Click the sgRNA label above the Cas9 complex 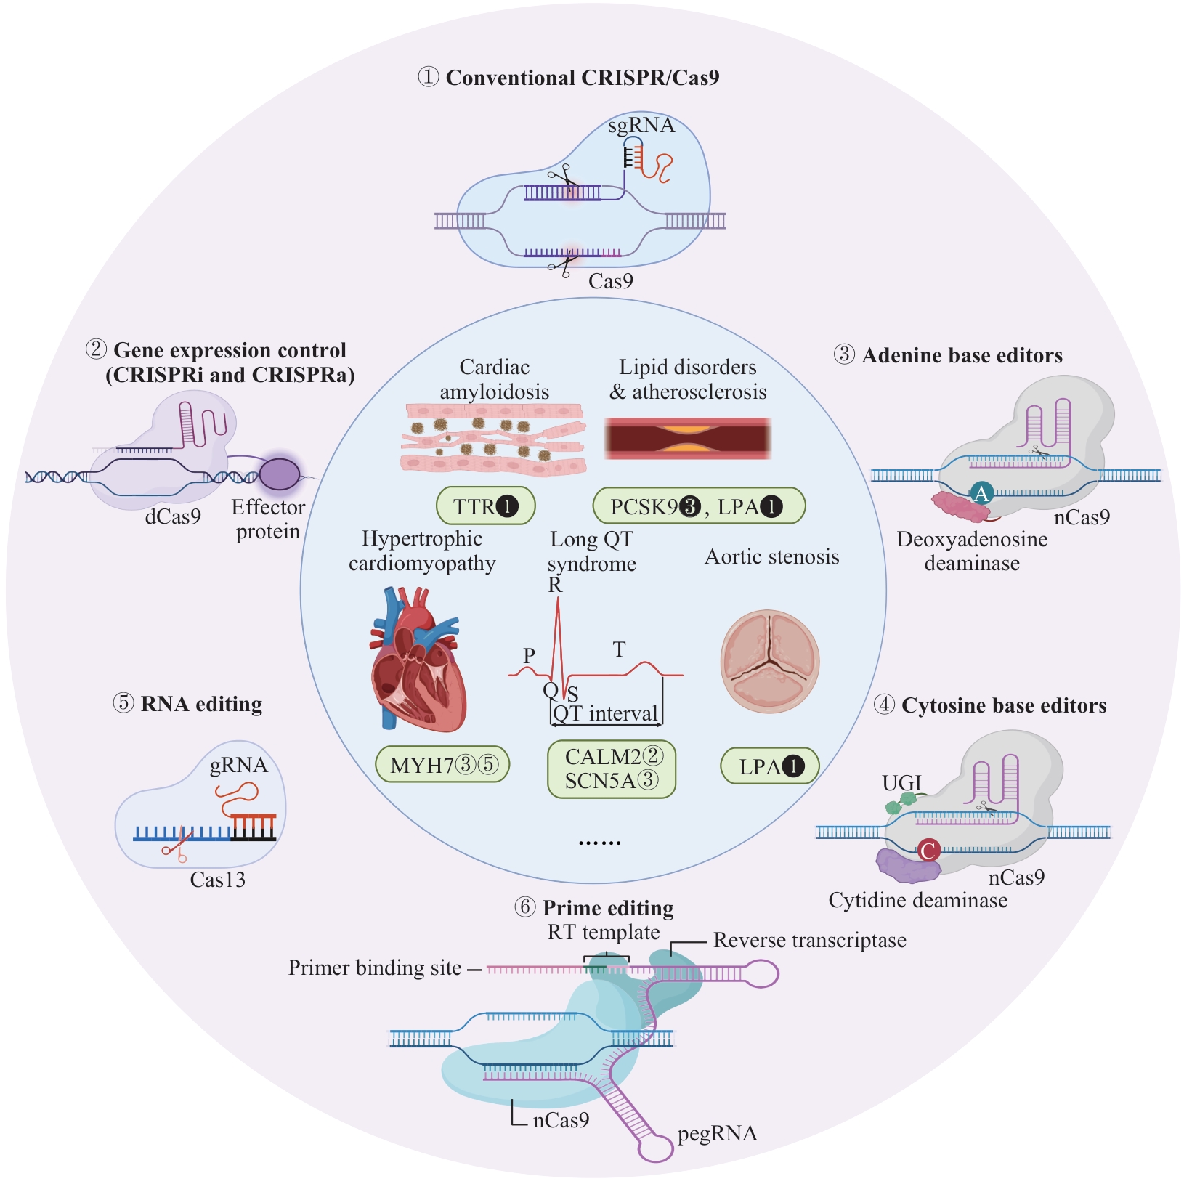click(x=641, y=126)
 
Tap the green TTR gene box click(x=485, y=506)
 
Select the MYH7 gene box click(x=442, y=766)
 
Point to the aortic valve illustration click(x=770, y=662)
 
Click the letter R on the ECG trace click(x=555, y=585)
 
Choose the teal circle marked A click(x=981, y=494)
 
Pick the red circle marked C click(x=928, y=850)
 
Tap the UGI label click(x=901, y=783)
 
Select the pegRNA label click(x=717, y=1134)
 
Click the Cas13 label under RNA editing click(x=217, y=880)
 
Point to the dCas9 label click(x=173, y=516)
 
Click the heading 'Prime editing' click(x=608, y=908)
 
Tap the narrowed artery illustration click(x=687, y=439)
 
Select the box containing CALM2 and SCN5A click(x=612, y=769)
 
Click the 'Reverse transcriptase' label click(x=810, y=940)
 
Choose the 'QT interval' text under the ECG click(x=606, y=713)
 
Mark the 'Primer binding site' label click(x=375, y=968)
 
